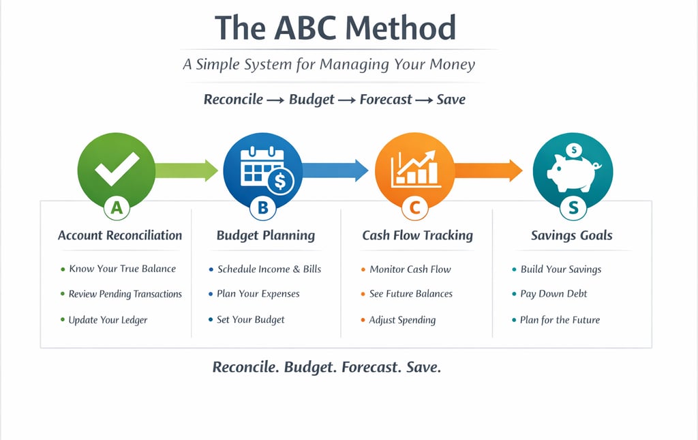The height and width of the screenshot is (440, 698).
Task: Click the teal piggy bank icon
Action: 573,171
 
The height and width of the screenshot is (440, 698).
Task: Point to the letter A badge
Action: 117,209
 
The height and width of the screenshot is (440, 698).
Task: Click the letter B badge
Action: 263,209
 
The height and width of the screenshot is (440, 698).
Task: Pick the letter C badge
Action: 414,209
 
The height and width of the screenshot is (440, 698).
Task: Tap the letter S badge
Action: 573,209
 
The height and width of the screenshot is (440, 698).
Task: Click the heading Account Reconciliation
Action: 120,236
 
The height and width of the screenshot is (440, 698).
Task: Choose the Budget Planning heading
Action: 266,236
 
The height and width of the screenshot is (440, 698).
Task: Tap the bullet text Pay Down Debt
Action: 553,294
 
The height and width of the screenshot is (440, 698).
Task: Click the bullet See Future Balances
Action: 410,294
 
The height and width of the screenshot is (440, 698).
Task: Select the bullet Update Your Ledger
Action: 108,320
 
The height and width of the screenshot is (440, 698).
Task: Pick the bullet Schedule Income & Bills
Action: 269,269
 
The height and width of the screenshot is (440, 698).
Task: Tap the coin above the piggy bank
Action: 574,149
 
